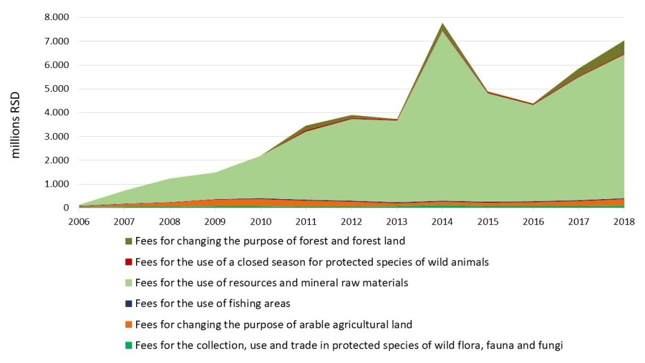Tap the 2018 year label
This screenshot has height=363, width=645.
pos(624,221)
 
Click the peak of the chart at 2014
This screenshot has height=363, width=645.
pos(443,23)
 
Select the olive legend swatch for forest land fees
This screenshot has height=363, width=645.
pos(129,241)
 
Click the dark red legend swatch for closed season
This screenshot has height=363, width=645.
pos(129,262)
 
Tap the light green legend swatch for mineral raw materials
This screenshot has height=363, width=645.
pos(129,283)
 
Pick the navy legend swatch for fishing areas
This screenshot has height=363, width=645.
pos(129,304)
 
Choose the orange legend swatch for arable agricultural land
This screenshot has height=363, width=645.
pos(129,325)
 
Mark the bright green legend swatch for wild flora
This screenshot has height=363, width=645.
pos(129,345)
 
